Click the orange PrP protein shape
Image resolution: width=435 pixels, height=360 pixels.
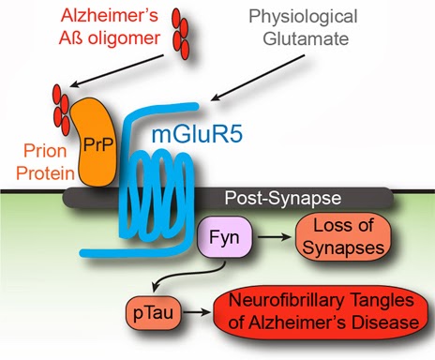(96, 142)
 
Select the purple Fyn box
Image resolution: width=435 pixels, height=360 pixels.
(224, 237)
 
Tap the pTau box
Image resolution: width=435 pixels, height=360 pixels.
(153, 313)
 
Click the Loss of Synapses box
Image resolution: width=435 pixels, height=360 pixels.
(343, 237)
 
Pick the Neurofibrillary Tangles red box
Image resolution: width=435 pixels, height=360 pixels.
(321, 312)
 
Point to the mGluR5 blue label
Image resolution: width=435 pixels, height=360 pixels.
(197, 134)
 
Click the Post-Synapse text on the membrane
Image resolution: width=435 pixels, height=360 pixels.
(283, 198)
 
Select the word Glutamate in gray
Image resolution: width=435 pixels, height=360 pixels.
(306, 39)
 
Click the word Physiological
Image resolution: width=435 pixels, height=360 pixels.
(303, 17)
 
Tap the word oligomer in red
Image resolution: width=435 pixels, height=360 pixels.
(124, 38)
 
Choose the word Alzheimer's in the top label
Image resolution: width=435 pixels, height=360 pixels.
(110, 15)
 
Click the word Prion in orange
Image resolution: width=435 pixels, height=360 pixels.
(45, 151)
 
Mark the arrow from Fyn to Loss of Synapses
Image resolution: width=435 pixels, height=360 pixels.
(274, 237)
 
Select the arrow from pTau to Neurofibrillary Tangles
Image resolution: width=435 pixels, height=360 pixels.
(196, 312)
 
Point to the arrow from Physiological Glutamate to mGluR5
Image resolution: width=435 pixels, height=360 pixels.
(258, 78)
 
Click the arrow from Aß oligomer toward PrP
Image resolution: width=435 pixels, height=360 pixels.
(116, 71)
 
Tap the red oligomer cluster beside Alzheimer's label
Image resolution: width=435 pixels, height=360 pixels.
(181, 35)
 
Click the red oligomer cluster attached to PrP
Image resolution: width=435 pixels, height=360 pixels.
(61, 110)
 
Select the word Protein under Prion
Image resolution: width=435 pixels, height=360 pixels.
(45, 172)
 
